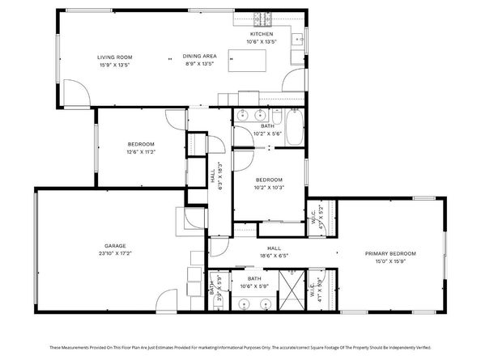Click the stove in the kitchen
click(262, 18)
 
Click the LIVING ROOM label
click(114, 57)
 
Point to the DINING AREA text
click(198, 57)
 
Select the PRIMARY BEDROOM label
click(389, 254)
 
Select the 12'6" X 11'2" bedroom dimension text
click(140, 151)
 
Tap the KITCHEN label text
click(262, 34)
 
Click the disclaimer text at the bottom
click(240, 348)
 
